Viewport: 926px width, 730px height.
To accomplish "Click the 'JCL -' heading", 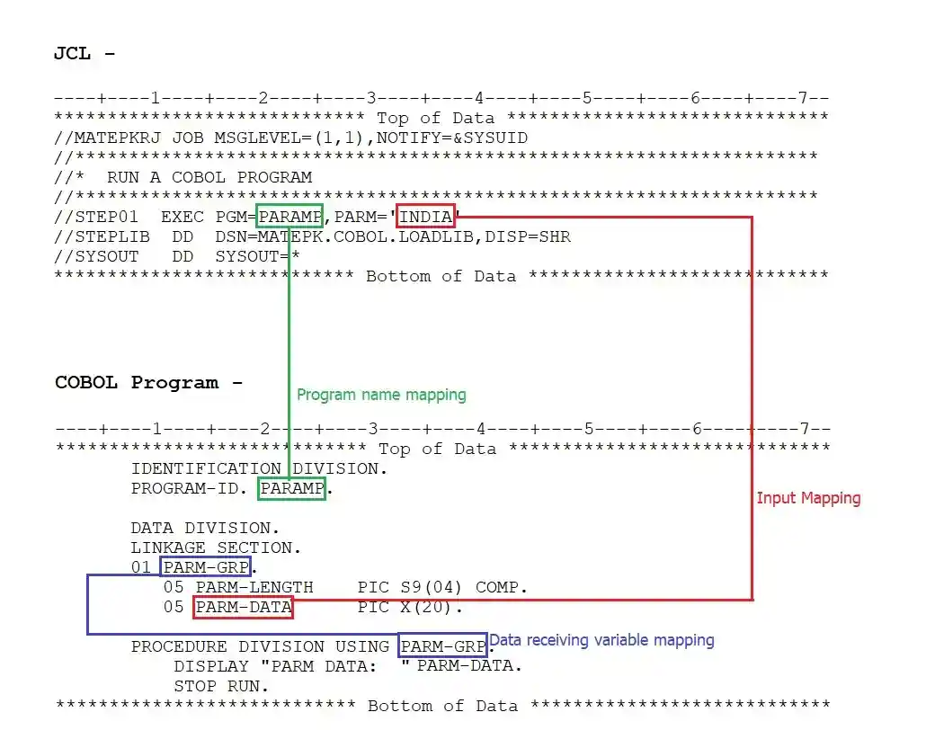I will [x=85, y=53].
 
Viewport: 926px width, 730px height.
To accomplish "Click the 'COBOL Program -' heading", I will [x=148, y=382].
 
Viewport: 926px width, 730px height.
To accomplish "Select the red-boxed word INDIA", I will [x=425, y=217].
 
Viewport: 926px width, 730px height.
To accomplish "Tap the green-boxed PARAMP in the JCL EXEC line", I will [x=289, y=217].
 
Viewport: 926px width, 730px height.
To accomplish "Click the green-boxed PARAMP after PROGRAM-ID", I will [x=291, y=489].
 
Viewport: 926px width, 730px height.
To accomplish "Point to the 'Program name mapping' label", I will [x=381, y=395].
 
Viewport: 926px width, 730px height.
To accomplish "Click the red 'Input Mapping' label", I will [x=808, y=498].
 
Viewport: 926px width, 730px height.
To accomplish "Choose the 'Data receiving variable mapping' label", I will [x=601, y=640].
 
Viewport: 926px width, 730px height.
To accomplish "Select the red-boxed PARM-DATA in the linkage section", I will [x=243, y=608].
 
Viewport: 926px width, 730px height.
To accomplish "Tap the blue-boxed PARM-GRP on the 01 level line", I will [x=206, y=567].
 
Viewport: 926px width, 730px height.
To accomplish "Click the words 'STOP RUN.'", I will [x=221, y=686].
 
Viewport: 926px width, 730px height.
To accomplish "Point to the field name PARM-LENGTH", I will [x=254, y=588].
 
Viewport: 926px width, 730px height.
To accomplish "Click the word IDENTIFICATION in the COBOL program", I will [x=206, y=468].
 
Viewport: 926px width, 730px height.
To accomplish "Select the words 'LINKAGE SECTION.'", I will [x=216, y=547].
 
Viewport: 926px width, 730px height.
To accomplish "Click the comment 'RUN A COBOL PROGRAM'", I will [x=209, y=177].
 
